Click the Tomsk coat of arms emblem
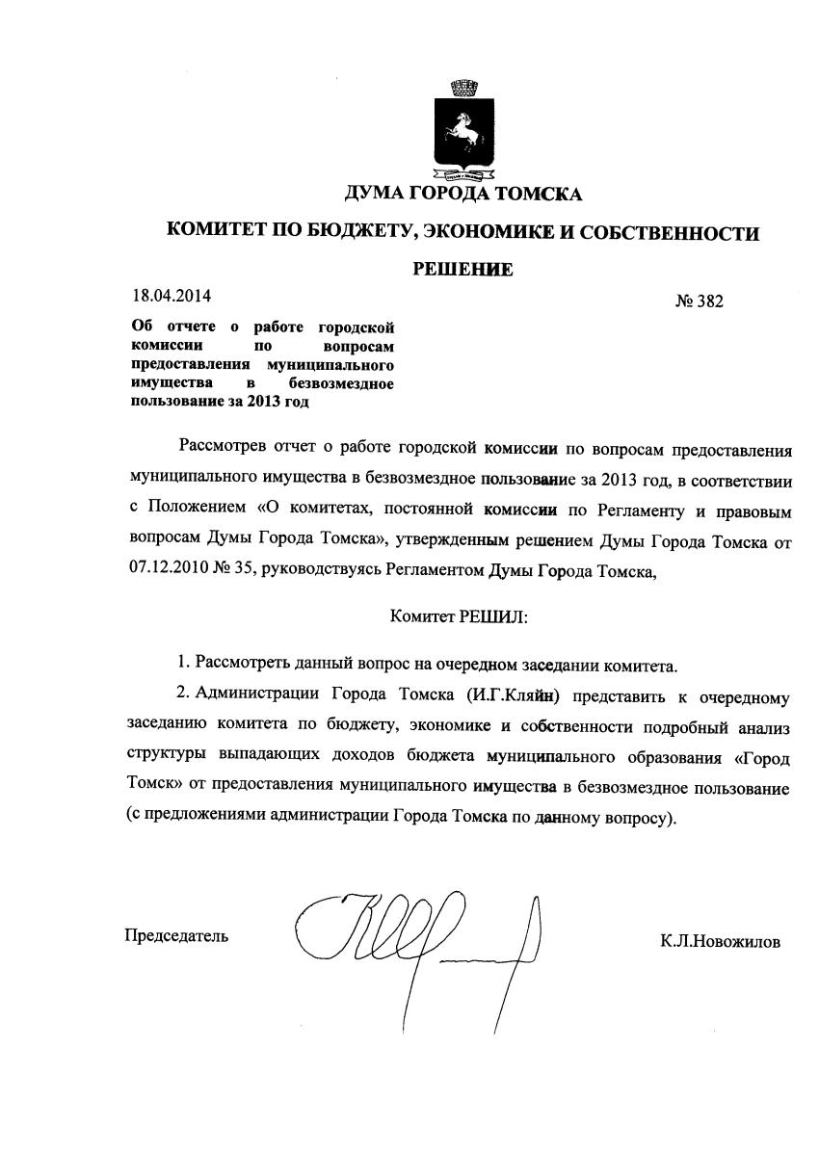[x=463, y=136]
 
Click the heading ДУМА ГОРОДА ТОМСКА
[x=463, y=195]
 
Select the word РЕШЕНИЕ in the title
[x=463, y=269]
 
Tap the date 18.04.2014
[x=172, y=295]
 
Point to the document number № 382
[x=699, y=301]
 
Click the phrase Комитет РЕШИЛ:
[x=460, y=615]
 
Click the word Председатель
[x=176, y=935]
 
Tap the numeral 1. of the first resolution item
[x=183, y=664]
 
